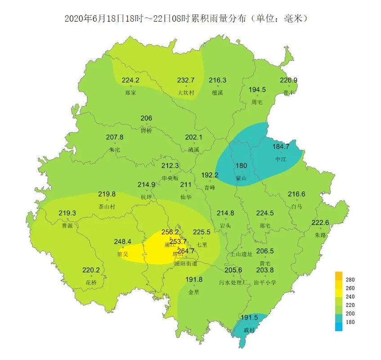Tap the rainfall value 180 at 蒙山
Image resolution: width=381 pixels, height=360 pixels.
coord(242,165)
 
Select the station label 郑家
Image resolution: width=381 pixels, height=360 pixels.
coord(130,93)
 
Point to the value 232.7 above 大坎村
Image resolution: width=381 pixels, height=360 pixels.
coord(186,80)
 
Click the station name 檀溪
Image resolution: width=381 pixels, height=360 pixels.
coord(217,93)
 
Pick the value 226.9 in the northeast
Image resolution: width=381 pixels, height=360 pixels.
coord(288,80)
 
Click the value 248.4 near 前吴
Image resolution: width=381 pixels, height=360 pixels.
coord(123,241)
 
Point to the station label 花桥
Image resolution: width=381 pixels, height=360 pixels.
coord(91,282)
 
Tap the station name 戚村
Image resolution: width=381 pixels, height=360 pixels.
coord(249,330)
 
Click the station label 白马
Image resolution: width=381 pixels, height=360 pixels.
coord(296,207)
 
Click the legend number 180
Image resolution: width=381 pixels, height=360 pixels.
coord(350,322)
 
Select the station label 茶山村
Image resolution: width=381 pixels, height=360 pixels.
coord(107,207)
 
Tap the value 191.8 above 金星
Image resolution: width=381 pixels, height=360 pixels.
coord(194,279)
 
